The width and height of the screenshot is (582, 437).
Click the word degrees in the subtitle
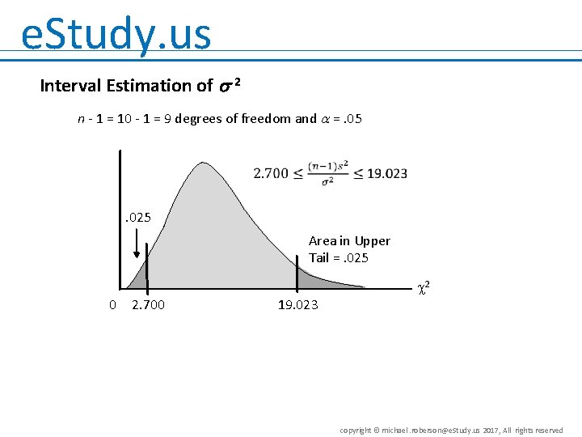[x=198, y=119]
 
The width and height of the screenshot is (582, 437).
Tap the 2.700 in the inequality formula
[x=272, y=173]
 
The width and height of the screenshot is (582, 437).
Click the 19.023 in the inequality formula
[x=387, y=173]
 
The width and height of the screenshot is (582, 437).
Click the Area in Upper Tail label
[x=349, y=249]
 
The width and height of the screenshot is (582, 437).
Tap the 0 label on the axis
[x=112, y=305]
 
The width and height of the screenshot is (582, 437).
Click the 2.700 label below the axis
[x=148, y=305]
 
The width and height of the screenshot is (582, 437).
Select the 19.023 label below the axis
[x=297, y=305]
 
